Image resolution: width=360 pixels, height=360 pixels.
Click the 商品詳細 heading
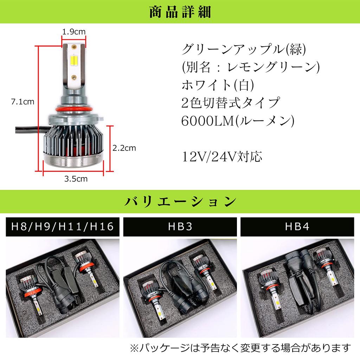180,12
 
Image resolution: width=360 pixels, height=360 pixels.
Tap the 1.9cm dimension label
74,32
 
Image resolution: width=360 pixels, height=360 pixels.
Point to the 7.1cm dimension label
22,102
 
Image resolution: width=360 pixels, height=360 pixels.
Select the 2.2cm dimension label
124,148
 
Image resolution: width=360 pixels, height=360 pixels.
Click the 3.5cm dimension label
76,179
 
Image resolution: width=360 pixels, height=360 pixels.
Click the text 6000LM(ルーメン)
238,120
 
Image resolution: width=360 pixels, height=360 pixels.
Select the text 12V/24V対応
222,156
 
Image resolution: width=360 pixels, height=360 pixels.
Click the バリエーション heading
180,202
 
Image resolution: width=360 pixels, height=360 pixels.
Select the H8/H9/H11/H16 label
63,227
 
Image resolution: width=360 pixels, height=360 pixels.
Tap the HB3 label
180,227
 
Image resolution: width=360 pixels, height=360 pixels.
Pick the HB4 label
297,227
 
